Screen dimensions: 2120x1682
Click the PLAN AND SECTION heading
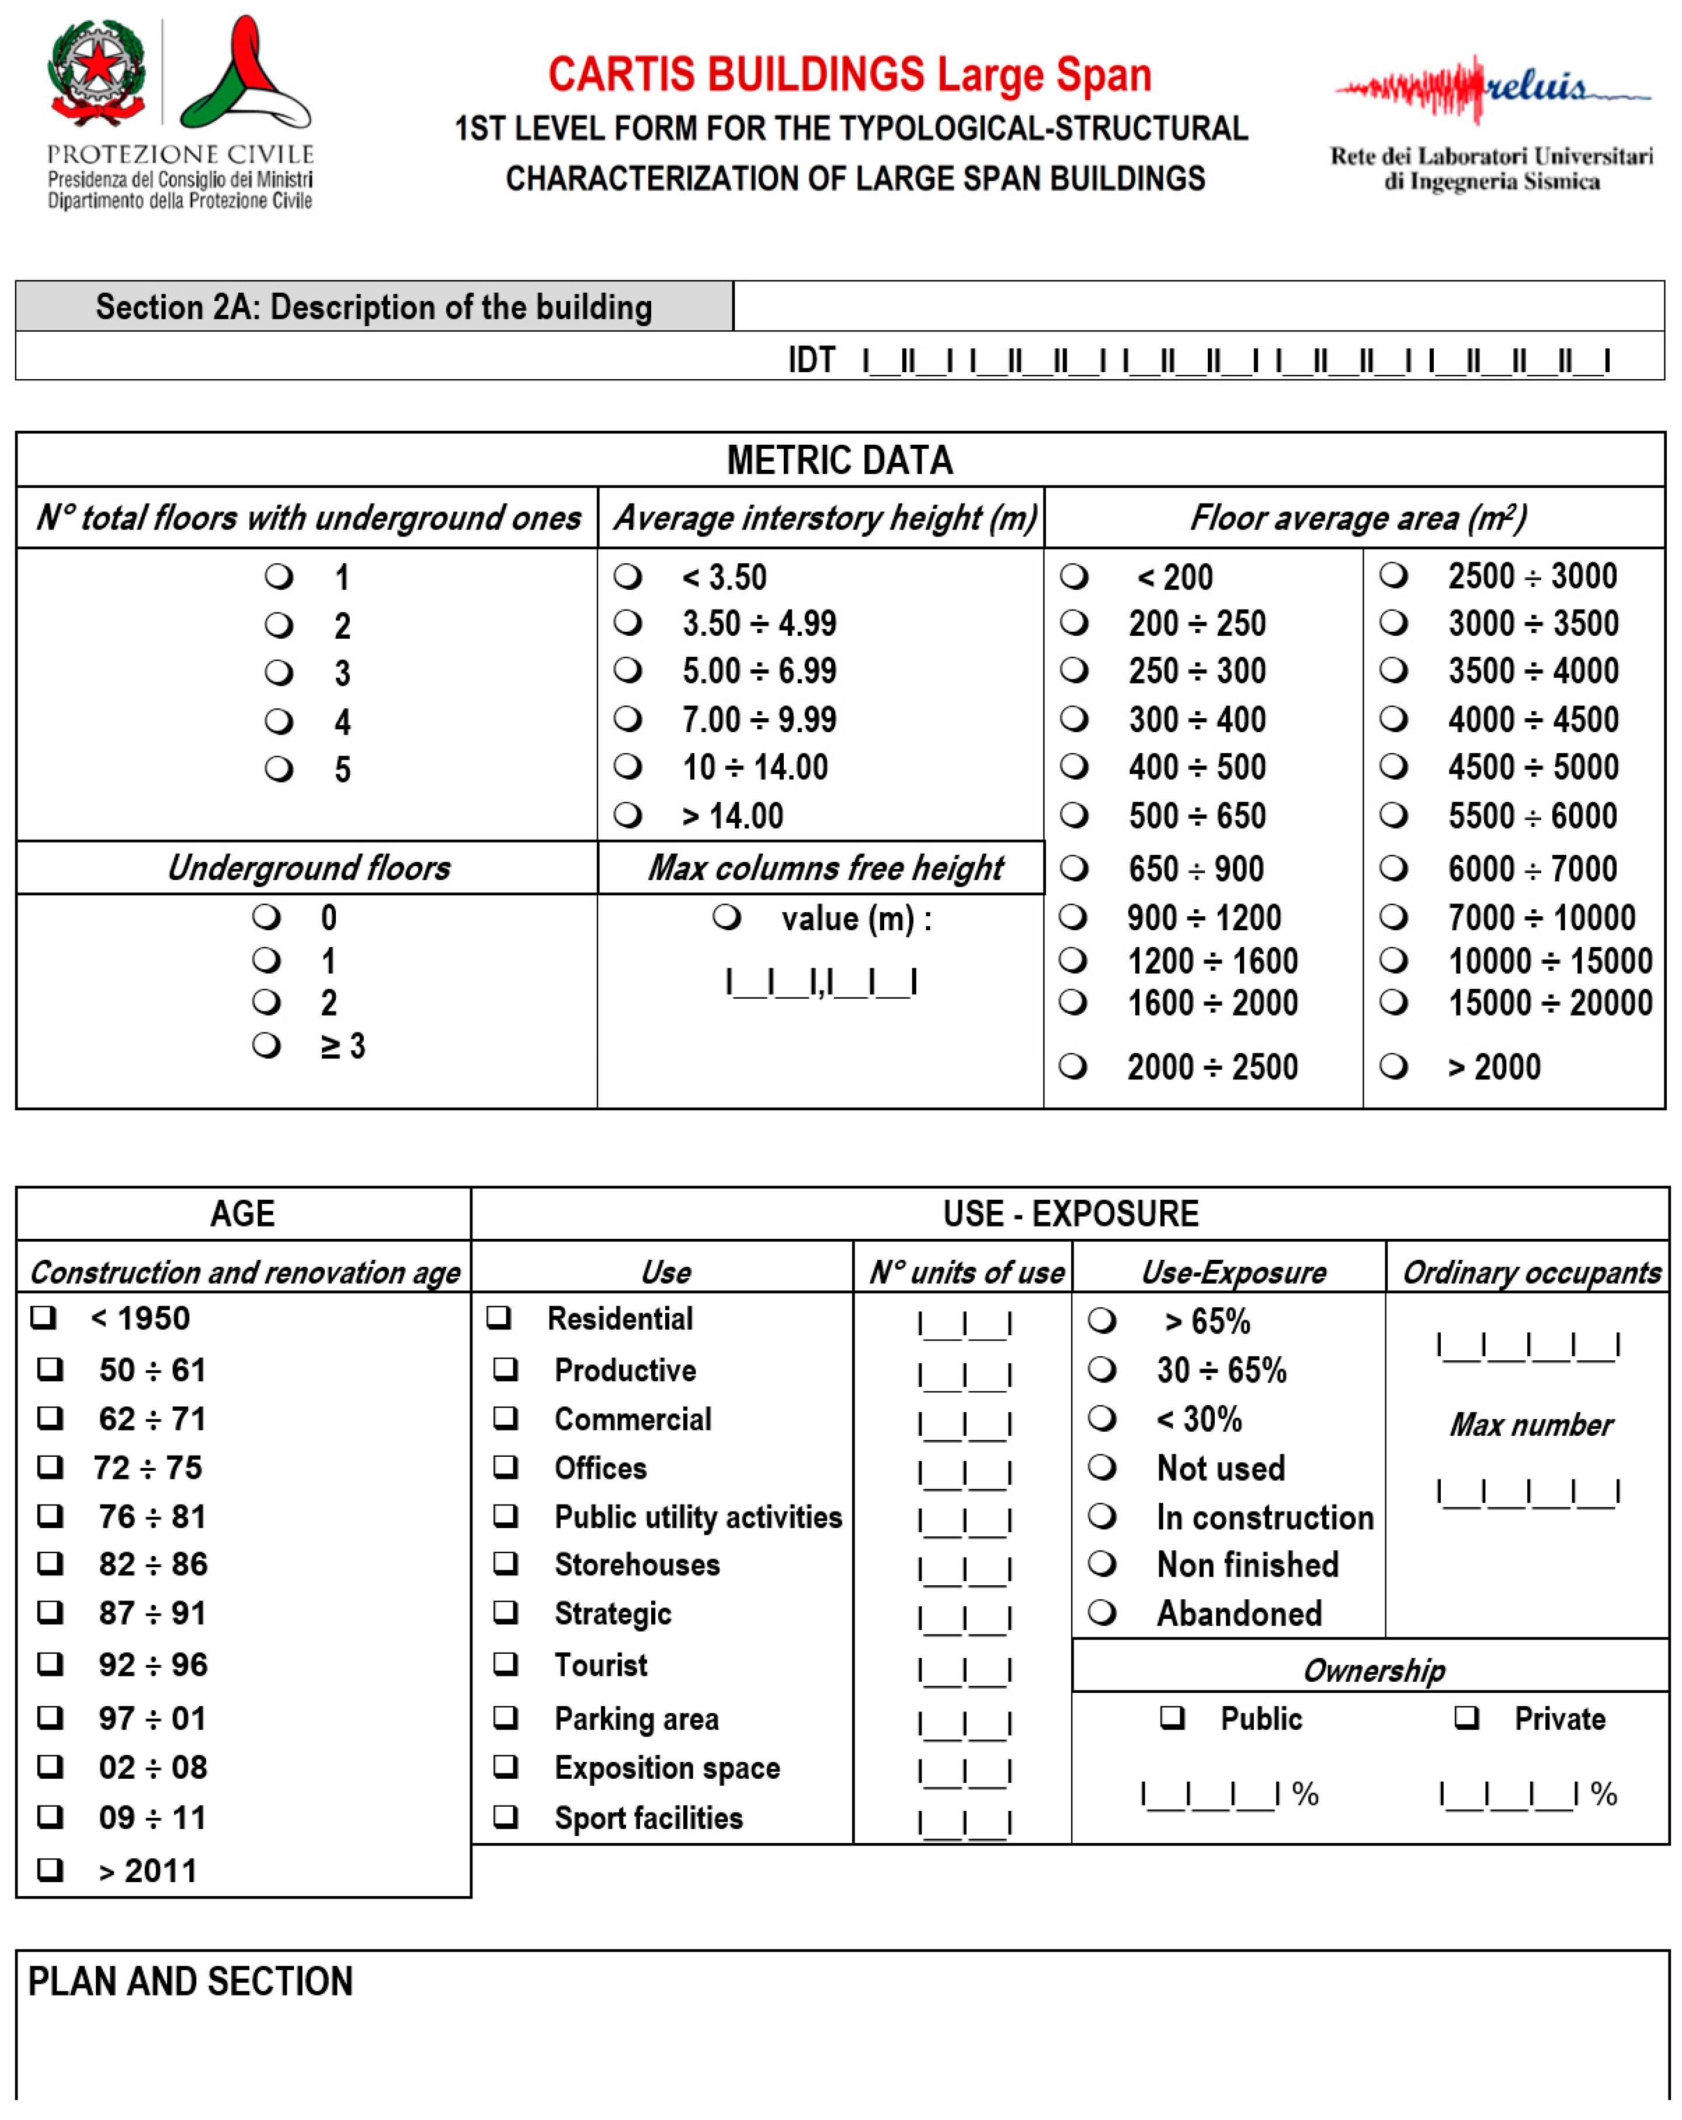click(190, 1982)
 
